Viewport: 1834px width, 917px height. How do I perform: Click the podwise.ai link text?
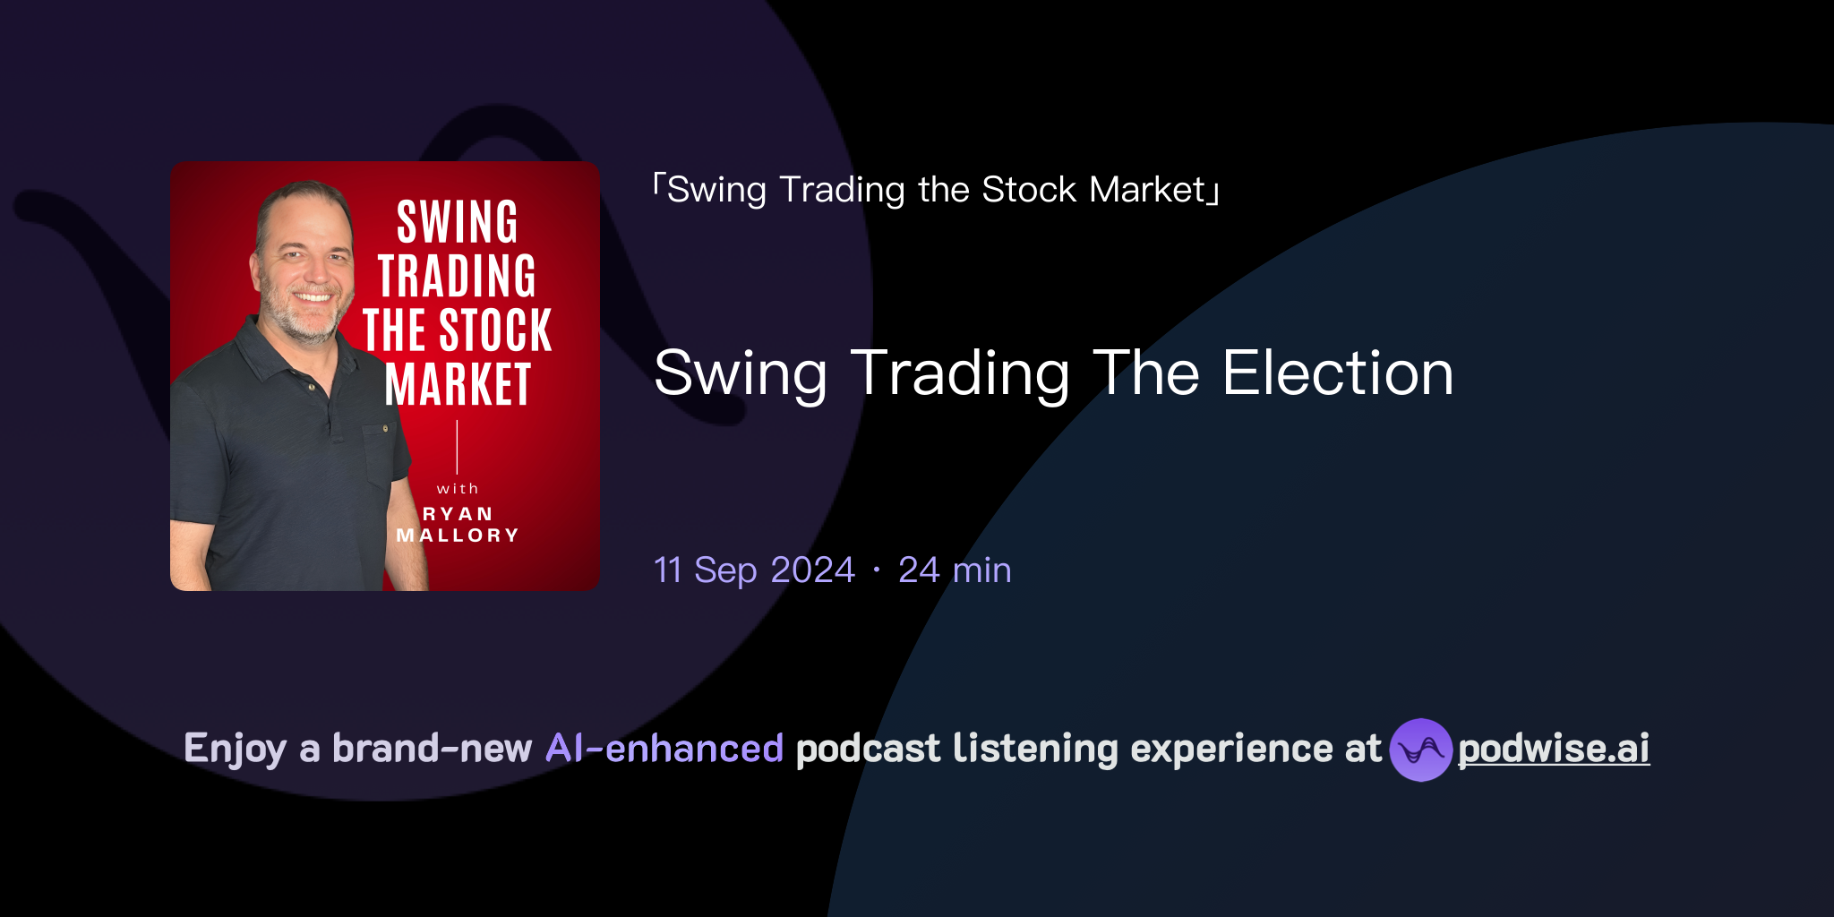click(1553, 749)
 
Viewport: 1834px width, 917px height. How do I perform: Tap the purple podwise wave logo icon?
click(1420, 750)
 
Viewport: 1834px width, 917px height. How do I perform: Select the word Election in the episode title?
click(1338, 373)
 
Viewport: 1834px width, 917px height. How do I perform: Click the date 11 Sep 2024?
click(754, 570)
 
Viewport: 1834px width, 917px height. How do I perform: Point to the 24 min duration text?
click(955, 570)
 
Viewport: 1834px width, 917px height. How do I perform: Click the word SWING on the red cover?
click(458, 222)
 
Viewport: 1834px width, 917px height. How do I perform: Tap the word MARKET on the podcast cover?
click(458, 385)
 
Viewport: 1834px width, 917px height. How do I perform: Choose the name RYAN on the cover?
click(458, 514)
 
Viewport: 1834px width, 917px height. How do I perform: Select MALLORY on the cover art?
click(458, 536)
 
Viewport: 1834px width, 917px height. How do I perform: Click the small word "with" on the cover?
click(458, 489)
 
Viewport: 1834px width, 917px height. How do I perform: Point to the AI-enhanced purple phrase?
click(664, 749)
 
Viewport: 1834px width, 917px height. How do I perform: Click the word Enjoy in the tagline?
click(235, 749)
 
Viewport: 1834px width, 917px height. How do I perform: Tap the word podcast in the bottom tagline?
click(868, 749)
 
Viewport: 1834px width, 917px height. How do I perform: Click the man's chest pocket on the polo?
click(385, 452)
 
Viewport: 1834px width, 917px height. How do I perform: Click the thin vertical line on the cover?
click(458, 447)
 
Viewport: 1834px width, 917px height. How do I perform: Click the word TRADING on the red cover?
click(458, 276)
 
